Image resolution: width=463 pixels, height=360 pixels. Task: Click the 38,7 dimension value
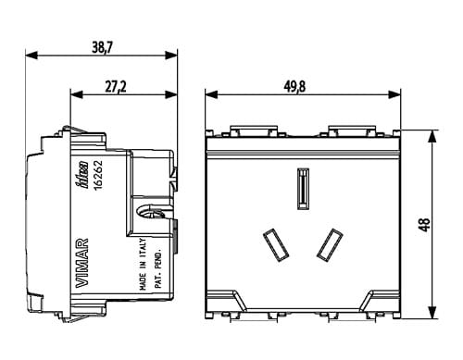point(103,47)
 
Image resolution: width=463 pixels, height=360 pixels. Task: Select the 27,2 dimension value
point(116,87)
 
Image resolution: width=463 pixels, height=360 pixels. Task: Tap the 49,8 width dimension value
point(294,87)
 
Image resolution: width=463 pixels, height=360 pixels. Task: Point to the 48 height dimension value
point(425,225)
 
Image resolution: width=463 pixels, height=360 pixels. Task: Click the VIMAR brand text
point(82,263)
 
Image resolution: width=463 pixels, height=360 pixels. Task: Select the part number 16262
point(98,175)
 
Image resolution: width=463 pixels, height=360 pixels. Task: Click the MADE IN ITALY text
point(143,264)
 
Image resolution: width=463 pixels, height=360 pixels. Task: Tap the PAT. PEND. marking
point(158,267)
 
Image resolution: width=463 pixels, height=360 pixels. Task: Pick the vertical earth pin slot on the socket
point(304,189)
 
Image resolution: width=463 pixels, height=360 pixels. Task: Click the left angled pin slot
point(276,245)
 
